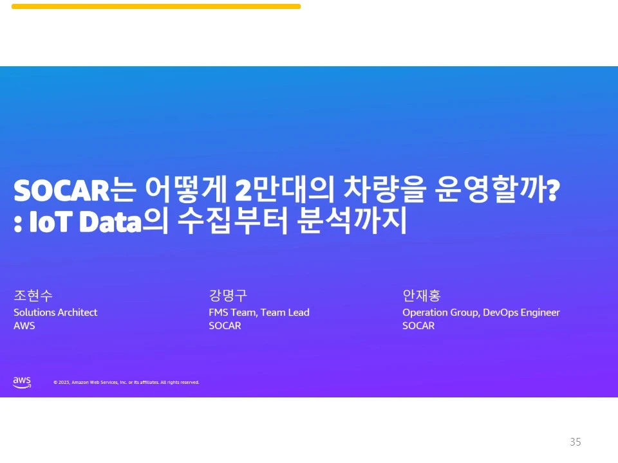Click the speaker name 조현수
tap(33, 296)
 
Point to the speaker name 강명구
tap(228, 296)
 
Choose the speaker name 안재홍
tap(421, 296)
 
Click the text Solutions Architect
tap(55, 313)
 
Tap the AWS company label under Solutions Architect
tap(24, 326)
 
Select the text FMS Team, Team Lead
tap(259, 313)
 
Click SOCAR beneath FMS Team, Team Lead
tap(225, 326)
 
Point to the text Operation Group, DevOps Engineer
tap(481, 313)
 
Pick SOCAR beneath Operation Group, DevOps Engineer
tap(418, 326)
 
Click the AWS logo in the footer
tap(22, 382)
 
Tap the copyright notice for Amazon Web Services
tap(126, 383)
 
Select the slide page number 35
tap(576, 442)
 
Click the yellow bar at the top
tap(156, 6)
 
